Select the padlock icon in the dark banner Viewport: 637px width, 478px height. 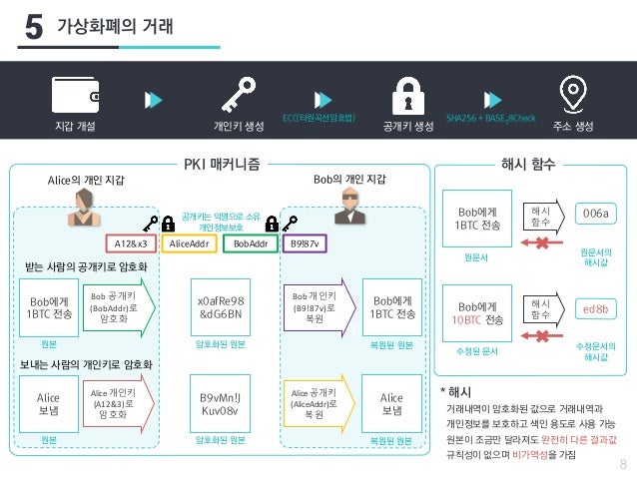405,96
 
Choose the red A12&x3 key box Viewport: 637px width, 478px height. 130,242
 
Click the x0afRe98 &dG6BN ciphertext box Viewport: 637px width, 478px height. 222,307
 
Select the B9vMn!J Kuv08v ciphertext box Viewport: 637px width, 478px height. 222,404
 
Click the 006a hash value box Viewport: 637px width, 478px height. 595,214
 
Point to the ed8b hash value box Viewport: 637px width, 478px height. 595,309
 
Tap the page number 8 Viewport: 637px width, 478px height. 623,463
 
